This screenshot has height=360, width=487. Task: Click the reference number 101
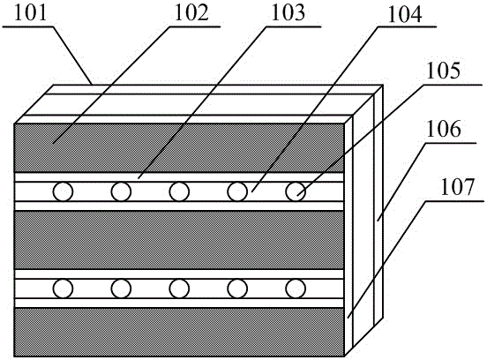[30, 14]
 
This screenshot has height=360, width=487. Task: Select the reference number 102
[191, 14]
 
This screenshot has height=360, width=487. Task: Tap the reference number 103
[288, 14]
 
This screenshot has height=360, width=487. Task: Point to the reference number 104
[405, 15]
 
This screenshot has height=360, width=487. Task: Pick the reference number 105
[443, 71]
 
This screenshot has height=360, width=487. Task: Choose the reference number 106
[444, 129]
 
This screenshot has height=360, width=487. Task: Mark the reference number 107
[457, 187]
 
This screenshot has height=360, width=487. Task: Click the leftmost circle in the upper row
[63, 191]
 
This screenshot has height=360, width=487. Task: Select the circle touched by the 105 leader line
[296, 191]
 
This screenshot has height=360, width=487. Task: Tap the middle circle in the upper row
[179, 191]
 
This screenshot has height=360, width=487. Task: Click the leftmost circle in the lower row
[63, 289]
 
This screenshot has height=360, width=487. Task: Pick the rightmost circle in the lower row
[296, 289]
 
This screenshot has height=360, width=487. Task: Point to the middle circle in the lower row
[179, 289]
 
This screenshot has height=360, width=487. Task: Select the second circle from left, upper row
[121, 191]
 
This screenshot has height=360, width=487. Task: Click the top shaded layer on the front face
[179, 148]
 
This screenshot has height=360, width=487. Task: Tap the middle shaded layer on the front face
[179, 240]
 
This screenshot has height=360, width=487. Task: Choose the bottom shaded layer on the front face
[179, 332]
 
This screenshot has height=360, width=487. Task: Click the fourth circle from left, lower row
[237, 289]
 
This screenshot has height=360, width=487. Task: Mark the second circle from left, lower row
[121, 289]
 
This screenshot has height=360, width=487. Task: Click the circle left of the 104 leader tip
[237, 191]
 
